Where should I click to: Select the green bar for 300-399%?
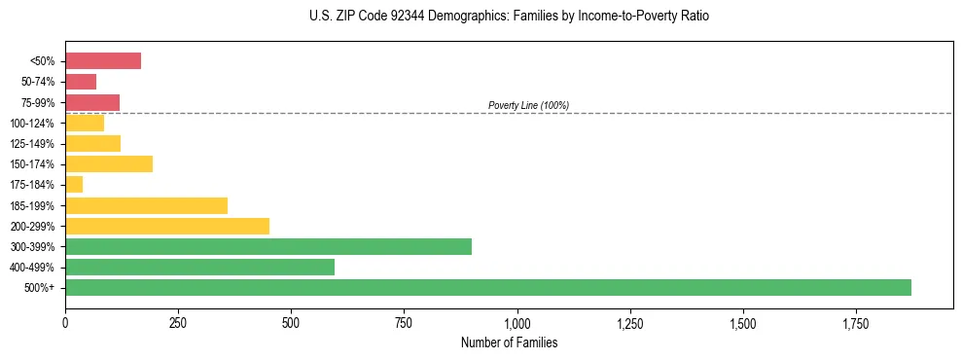(x=268, y=246)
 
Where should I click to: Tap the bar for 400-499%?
(x=199, y=267)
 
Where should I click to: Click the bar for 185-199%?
(x=146, y=205)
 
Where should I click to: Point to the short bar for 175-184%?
(x=74, y=184)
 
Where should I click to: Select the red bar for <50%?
(x=103, y=61)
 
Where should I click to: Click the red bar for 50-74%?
(x=81, y=82)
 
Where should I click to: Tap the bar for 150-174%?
(x=109, y=163)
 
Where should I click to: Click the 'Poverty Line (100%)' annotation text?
(x=528, y=105)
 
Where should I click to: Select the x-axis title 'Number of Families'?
(x=509, y=342)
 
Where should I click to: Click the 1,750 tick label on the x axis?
(x=856, y=322)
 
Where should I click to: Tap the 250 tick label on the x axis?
(x=178, y=322)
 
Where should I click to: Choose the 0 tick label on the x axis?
(x=65, y=322)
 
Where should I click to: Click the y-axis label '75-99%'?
(x=39, y=102)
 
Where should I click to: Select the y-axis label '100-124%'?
(x=34, y=123)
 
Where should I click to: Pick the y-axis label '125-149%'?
(x=34, y=143)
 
